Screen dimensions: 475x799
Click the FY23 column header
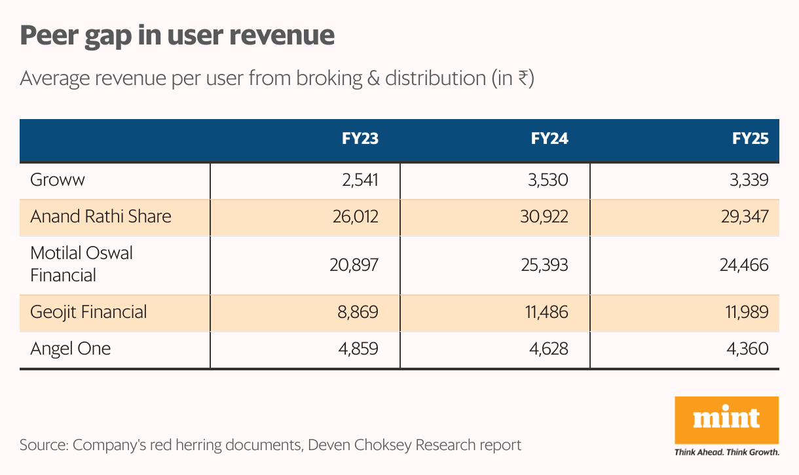(x=360, y=139)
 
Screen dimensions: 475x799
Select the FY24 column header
(x=549, y=139)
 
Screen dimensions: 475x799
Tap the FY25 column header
(x=750, y=139)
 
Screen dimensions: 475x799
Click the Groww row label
(x=58, y=180)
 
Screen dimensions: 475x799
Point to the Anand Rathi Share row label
(x=101, y=217)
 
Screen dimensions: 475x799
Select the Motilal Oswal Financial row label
(x=81, y=264)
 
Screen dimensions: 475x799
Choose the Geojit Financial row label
(x=88, y=312)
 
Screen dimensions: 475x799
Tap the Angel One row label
(x=70, y=349)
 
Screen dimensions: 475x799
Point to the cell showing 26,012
(x=353, y=217)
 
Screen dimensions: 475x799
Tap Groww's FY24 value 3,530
(x=549, y=180)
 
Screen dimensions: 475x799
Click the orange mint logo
(x=726, y=419)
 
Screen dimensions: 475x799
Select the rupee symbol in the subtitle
(x=523, y=79)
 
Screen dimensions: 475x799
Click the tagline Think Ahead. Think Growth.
(x=726, y=452)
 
